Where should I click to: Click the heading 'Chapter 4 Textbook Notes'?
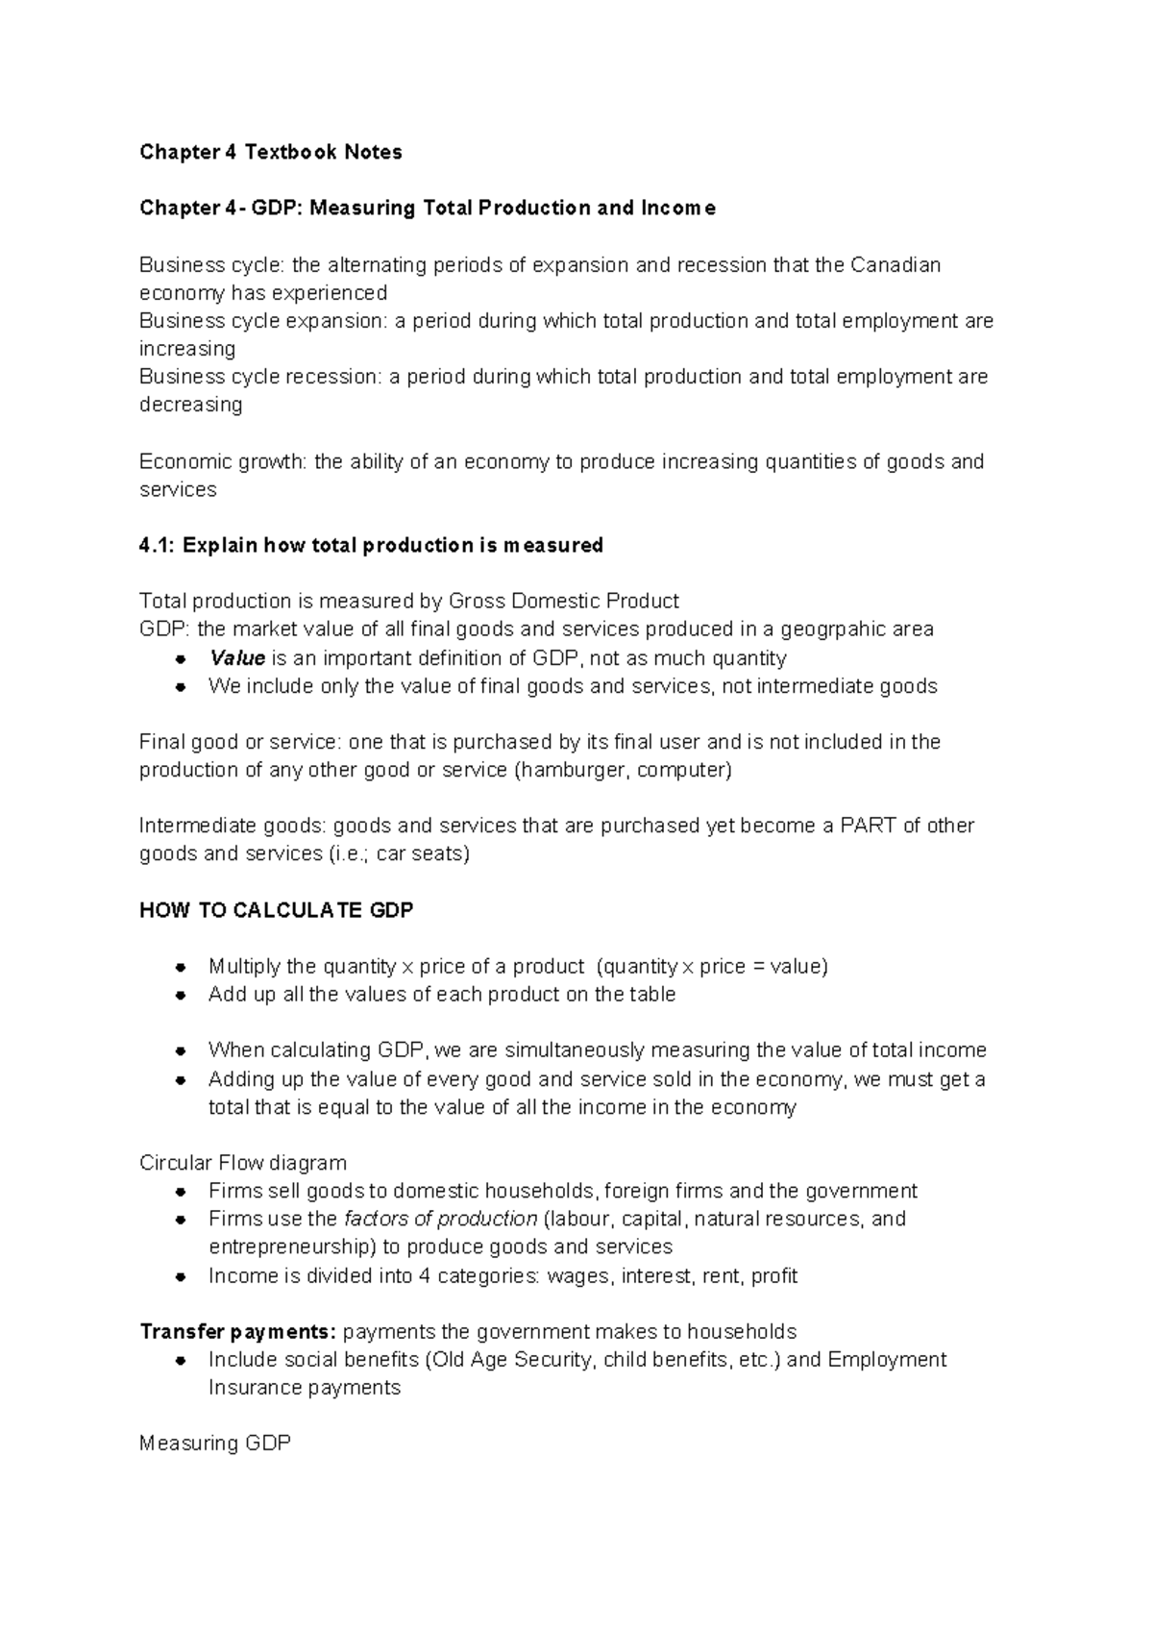tap(270, 152)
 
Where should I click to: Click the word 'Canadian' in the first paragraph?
tap(895, 264)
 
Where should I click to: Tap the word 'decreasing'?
tap(190, 405)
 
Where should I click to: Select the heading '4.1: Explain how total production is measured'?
tap(371, 545)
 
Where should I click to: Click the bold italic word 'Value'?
tap(236, 658)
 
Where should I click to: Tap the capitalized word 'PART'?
tap(869, 826)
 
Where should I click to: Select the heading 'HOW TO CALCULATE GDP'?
tap(276, 910)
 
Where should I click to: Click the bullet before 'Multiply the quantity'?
tap(180, 967)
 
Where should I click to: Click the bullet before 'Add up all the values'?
tap(180, 995)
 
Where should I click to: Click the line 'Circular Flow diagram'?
tap(242, 1163)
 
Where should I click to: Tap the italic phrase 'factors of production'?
tap(440, 1219)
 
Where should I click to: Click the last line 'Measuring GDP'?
tap(214, 1443)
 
